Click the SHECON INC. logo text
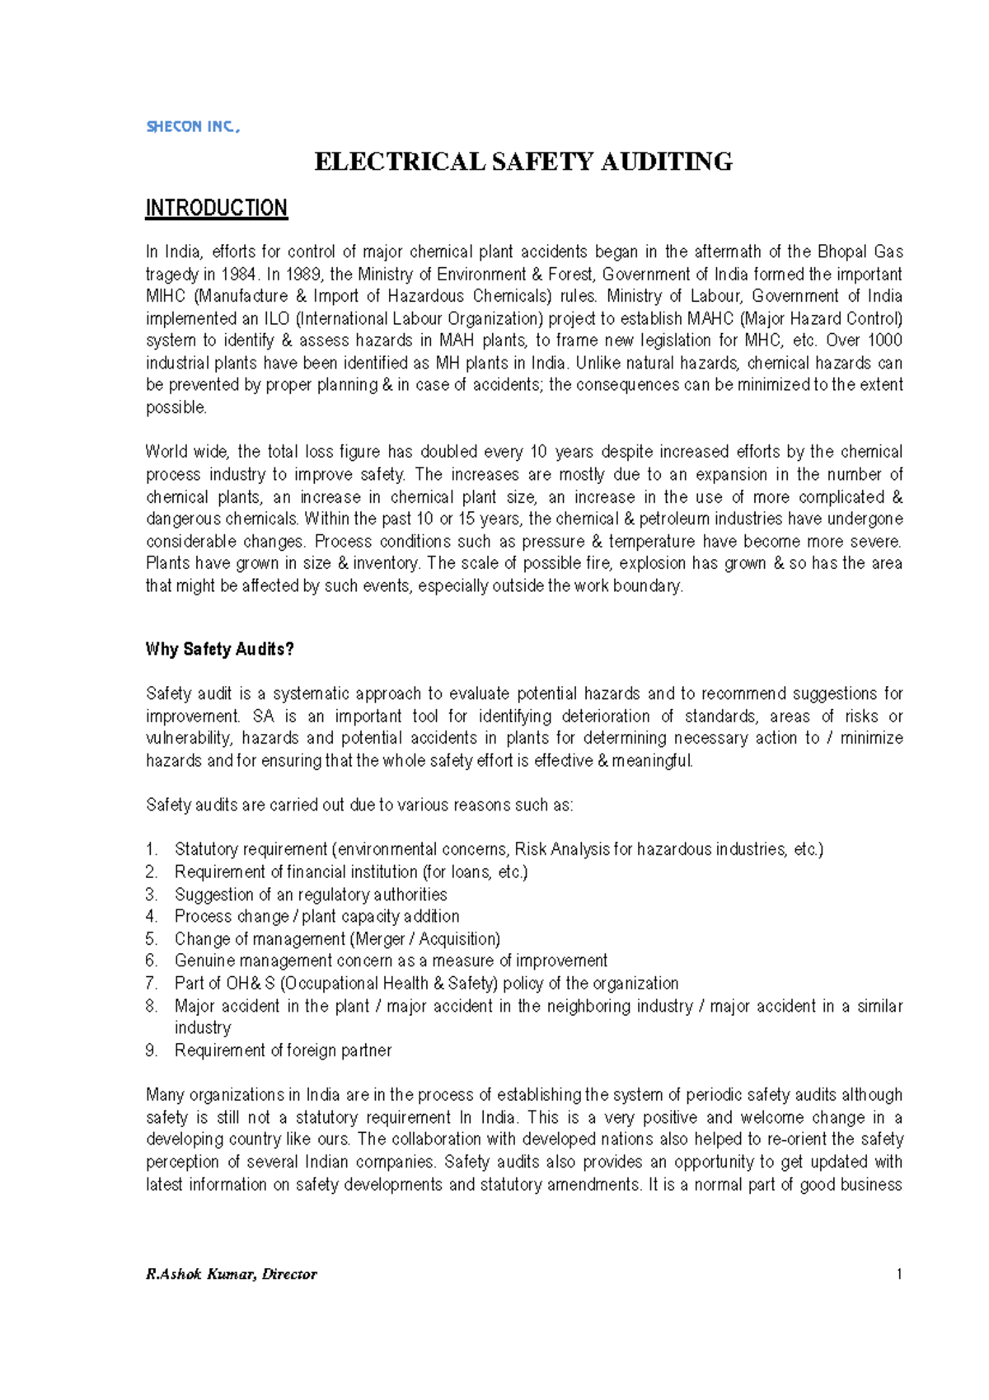192,126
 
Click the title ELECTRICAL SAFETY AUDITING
523,162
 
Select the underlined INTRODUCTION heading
216,208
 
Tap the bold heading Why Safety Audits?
219,649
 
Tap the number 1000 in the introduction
885,341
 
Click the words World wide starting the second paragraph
189,452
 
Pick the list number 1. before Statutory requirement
152,849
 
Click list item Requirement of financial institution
350,871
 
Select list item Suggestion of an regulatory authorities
311,895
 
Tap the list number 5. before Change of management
152,939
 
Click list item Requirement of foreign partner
283,1050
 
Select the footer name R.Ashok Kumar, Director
231,1274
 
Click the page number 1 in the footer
898,1274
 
